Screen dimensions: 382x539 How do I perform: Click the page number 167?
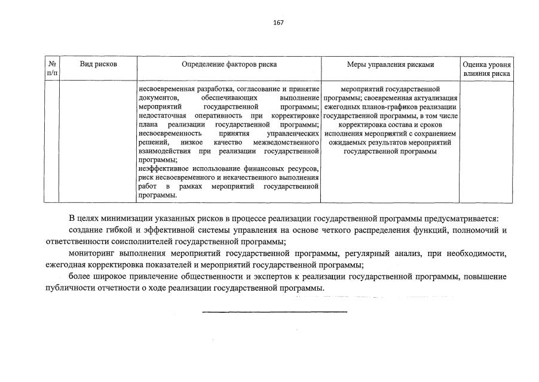[x=277, y=23]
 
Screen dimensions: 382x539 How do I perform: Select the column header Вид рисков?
[x=98, y=64]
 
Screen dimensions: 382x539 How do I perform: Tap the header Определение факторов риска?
[x=229, y=64]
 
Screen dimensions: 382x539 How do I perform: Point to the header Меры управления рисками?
[x=390, y=64]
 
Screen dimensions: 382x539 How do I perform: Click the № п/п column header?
[x=52, y=69]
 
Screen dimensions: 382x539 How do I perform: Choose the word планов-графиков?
[x=386, y=106]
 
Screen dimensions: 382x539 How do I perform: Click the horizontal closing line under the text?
[x=274, y=312]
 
